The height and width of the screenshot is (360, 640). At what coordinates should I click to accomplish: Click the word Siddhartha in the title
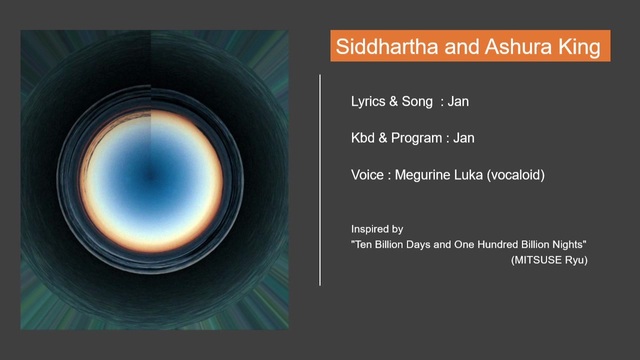coord(387,46)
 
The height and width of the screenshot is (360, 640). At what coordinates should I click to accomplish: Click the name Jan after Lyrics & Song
coord(458,101)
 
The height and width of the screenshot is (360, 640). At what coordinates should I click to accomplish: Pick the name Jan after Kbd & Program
coord(464,138)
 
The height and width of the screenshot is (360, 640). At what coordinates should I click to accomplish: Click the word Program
coord(416,138)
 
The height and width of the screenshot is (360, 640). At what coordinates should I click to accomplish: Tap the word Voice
coord(367,175)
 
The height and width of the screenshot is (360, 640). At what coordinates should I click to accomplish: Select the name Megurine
coord(422,176)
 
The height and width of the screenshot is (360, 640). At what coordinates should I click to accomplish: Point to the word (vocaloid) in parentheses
coord(516,176)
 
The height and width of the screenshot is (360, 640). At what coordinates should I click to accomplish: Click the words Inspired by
coord(377,229)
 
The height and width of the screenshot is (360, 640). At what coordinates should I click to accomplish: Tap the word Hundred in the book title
coord(498,244)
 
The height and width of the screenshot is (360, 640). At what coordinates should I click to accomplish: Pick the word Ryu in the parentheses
coord(576,260)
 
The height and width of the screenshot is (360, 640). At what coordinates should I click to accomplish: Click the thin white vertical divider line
coord(320,180)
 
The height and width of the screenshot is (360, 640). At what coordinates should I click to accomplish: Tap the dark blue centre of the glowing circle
coord(151,176)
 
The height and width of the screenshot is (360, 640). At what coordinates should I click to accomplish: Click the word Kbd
coord(363,138)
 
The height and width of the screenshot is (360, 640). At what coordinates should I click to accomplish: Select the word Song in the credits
coord(417,102)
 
